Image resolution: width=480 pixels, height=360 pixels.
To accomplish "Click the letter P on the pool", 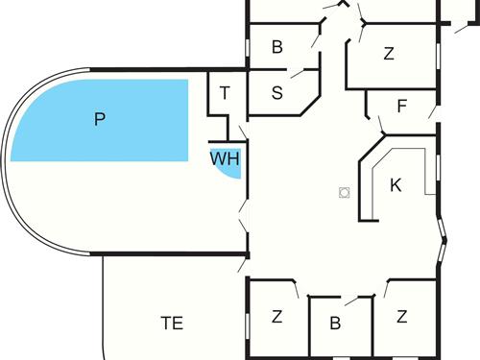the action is (x=98, y=119).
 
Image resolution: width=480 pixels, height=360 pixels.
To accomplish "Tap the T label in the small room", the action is (x=225, y=93).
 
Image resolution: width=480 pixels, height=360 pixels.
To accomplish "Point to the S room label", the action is (x=277, y=93).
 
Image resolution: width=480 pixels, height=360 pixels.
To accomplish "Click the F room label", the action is (x=401, y=106).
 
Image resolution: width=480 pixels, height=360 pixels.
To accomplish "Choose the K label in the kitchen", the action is (x=395, y=185).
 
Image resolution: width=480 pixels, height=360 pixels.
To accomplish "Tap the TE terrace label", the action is (x=172, y=323).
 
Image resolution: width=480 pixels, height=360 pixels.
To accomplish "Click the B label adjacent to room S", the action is (x=277, y=46).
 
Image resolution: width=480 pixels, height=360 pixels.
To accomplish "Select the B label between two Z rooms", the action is (x=335, y=324).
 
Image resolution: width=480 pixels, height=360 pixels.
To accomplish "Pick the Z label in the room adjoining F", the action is (x=388, y=54).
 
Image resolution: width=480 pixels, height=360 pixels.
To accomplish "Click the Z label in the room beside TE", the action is (x=276, y=316).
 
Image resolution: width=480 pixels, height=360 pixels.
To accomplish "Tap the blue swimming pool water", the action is (x=58, y=134).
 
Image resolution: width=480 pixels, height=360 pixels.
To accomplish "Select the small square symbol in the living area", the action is (x=343, y=192).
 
